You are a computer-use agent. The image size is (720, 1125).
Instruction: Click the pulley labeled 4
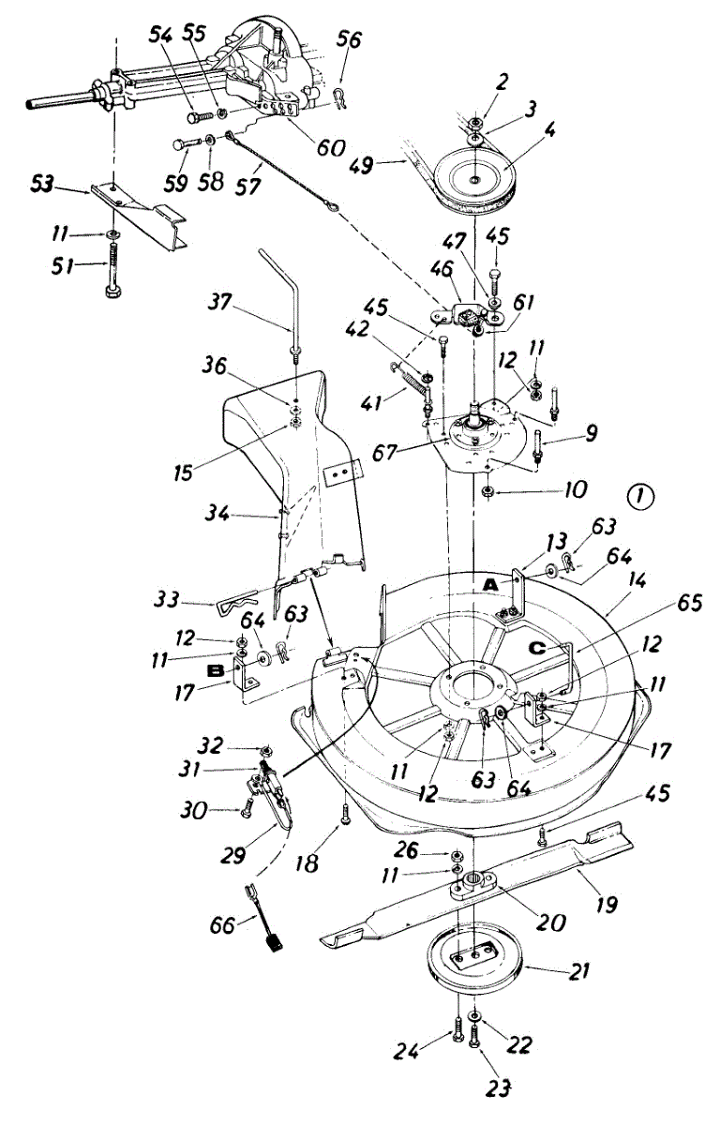[476, 178]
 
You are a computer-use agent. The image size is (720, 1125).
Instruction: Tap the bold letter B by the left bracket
[214, 672]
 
